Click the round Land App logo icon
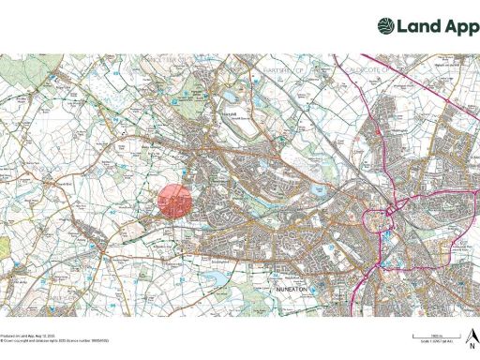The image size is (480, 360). (x=386, y=26)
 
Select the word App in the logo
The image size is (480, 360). (x=455, y=26)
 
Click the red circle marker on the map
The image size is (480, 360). (x=173, y=202)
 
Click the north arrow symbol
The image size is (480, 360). (x=472, y=335)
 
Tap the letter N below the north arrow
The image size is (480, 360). (x=472, y=343)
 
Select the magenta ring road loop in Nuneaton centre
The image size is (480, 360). (x=383, y=222)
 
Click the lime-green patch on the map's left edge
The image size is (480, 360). (x=3, y=247)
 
